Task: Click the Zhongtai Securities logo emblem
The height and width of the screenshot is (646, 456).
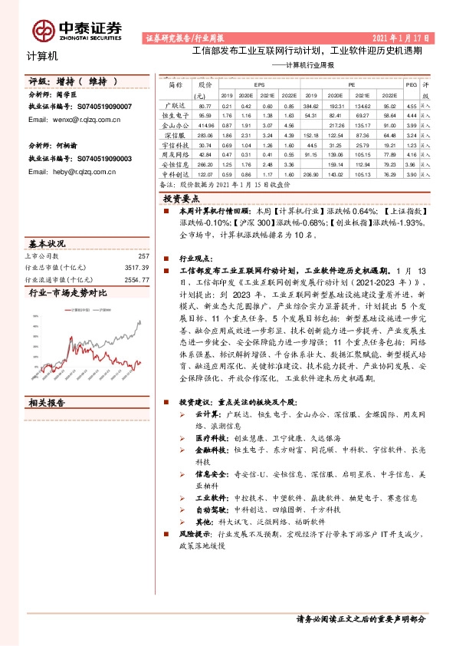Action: tap(43, 30)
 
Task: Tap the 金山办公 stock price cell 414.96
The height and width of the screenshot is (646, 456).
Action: tap(204, 124)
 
